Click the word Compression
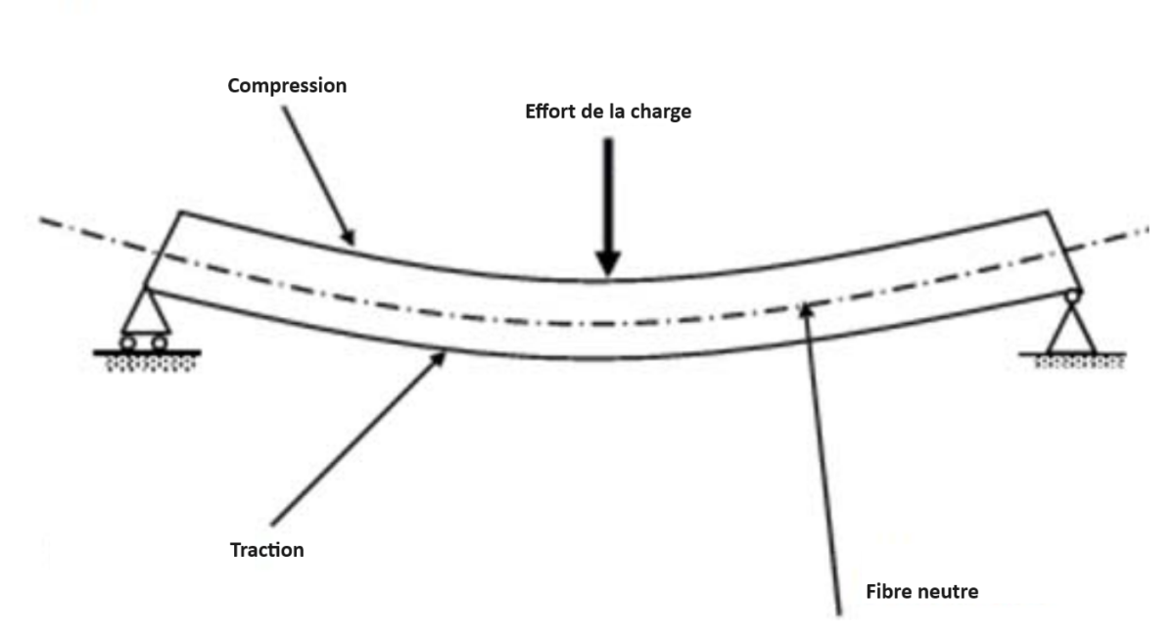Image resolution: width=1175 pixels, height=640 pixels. (x=287, y=86)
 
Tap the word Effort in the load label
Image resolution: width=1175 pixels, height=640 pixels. (x=543, y=112)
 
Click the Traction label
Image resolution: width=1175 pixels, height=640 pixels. (x=266, y=550)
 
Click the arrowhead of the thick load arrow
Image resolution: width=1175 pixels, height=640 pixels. (x=608, y=262)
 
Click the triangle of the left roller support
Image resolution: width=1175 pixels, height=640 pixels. (x=144, y=315)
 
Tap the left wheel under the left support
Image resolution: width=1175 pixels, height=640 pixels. (x=128, y=343)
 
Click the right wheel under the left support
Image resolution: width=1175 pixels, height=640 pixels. (x=159, y=343)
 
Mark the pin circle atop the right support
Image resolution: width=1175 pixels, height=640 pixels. (x=1073, y=293)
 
